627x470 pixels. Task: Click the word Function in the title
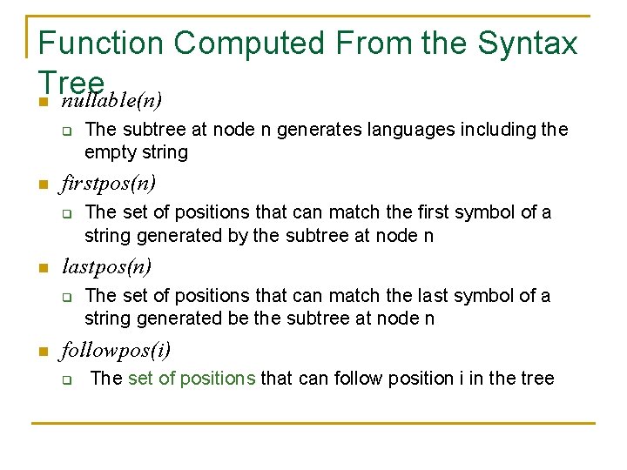101,43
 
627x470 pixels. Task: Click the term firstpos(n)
109,184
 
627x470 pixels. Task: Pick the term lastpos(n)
106,267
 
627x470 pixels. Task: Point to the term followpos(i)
115,351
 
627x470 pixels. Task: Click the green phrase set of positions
192,378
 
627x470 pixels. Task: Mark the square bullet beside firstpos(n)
40,185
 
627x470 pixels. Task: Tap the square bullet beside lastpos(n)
40,269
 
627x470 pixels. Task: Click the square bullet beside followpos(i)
40,352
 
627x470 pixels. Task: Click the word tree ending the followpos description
536,378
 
